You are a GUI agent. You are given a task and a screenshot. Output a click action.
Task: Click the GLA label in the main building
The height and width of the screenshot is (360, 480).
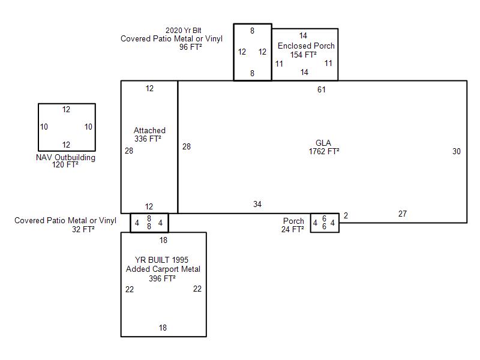point(323,143)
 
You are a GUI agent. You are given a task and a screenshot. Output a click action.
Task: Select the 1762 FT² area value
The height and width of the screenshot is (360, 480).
point(324,151)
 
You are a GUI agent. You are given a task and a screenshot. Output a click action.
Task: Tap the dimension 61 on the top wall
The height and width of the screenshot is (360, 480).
point(322,89)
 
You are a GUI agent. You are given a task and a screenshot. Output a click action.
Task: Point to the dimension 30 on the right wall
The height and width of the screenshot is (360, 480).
point(457,151)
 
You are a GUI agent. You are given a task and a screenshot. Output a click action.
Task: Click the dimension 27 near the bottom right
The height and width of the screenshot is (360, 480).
point(403,214)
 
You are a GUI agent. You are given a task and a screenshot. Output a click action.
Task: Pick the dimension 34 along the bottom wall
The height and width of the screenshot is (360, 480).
point(257,204)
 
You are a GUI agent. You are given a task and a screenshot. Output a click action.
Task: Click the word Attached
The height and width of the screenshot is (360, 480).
point(149,130)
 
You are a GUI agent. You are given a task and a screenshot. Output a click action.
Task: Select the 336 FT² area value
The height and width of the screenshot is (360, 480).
point(148,139)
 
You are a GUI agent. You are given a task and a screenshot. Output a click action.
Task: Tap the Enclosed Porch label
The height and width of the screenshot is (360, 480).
point(306,46)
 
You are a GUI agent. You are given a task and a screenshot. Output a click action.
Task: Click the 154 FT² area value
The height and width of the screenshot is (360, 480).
point(304,55)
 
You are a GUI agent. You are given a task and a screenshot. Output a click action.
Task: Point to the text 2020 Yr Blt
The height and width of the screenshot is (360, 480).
point(184,31)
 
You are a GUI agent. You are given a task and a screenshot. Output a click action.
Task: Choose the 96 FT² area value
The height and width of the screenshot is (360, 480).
point(190,47)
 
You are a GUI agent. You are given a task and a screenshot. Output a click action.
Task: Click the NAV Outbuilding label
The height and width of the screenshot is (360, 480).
point(65,158)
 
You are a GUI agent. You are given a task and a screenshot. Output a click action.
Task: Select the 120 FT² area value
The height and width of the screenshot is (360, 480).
point(65,164)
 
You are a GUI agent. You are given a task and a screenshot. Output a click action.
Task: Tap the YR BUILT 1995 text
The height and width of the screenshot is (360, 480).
point(161,260)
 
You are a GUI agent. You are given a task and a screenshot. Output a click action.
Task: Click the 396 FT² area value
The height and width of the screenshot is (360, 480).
point(162,278)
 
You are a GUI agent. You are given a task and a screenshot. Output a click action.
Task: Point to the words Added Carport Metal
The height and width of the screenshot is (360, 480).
point(163,269)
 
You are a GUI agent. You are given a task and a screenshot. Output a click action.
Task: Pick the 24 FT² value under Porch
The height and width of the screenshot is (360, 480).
point(293,229)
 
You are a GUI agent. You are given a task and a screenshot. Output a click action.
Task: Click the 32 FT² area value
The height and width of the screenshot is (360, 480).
point(83,229)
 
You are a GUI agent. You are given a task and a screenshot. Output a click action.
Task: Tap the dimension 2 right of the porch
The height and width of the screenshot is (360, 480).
point(346,215)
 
